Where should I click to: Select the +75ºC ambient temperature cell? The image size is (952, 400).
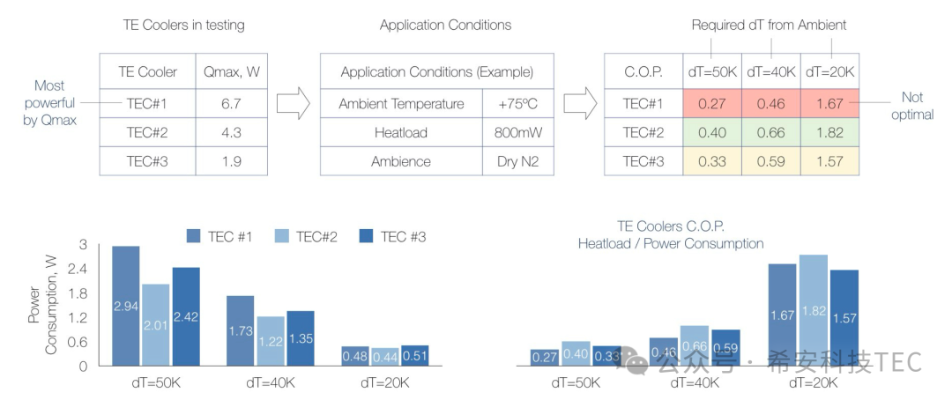(x=511, y=103)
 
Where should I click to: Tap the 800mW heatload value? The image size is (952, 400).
(x=511, y=132)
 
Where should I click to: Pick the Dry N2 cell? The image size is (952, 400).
(x=511, y=161)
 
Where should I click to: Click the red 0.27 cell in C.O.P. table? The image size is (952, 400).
(x=711, y=103)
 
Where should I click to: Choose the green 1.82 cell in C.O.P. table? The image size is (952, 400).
(x=829, y=132)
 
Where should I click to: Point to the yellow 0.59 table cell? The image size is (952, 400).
(x=770, y=161)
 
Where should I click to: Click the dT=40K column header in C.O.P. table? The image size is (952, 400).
(x=770, y=71)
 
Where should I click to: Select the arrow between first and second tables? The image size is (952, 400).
(x=294, y=104)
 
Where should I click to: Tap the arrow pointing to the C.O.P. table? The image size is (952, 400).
(x=580, y=104)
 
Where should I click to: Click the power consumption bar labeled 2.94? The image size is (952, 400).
(x=126, y=305)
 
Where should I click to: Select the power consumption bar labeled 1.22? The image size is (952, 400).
(x=271, y=340)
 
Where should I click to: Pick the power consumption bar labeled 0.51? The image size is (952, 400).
(x=414, y=355)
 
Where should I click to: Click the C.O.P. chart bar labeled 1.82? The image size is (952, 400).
(x=813, y=310)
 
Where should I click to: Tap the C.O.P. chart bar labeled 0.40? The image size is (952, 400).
(x=576, y=353)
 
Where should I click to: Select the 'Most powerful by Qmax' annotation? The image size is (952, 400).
(x=49, y=103)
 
